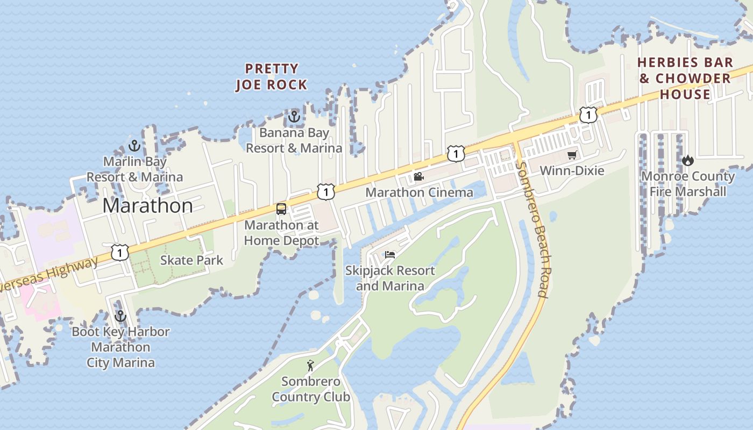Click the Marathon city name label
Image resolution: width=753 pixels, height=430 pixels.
point(147,206)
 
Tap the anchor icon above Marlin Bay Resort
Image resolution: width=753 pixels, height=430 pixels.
point(134,146)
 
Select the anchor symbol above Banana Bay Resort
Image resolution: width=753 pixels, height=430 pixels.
point(294,116)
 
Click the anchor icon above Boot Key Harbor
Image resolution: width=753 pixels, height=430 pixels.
point(120,316)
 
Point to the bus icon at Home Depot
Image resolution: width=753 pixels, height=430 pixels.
point(281,209)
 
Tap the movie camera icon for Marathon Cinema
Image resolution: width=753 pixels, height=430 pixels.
point(419,176)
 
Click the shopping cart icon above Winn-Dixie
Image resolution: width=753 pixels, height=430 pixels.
point(572,155)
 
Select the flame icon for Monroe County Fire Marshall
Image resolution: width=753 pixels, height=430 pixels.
point(687,160)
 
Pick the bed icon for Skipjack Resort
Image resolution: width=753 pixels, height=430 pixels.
point(390,254)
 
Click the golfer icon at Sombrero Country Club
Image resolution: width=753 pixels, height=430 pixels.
point(310,366)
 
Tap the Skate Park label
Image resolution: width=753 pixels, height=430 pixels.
point(191,260)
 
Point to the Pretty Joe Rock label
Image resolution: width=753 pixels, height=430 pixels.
point(271,77)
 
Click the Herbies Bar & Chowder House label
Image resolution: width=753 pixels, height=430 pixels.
point(685,78)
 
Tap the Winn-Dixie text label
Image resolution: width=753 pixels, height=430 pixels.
point(572,171)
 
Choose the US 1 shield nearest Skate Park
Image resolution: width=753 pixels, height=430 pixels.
point(120,252)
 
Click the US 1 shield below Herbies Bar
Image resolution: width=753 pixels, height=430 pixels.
point(588,114)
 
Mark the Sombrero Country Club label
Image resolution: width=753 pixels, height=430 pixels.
point(310,390)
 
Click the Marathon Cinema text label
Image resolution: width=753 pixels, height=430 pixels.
point(419,192)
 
